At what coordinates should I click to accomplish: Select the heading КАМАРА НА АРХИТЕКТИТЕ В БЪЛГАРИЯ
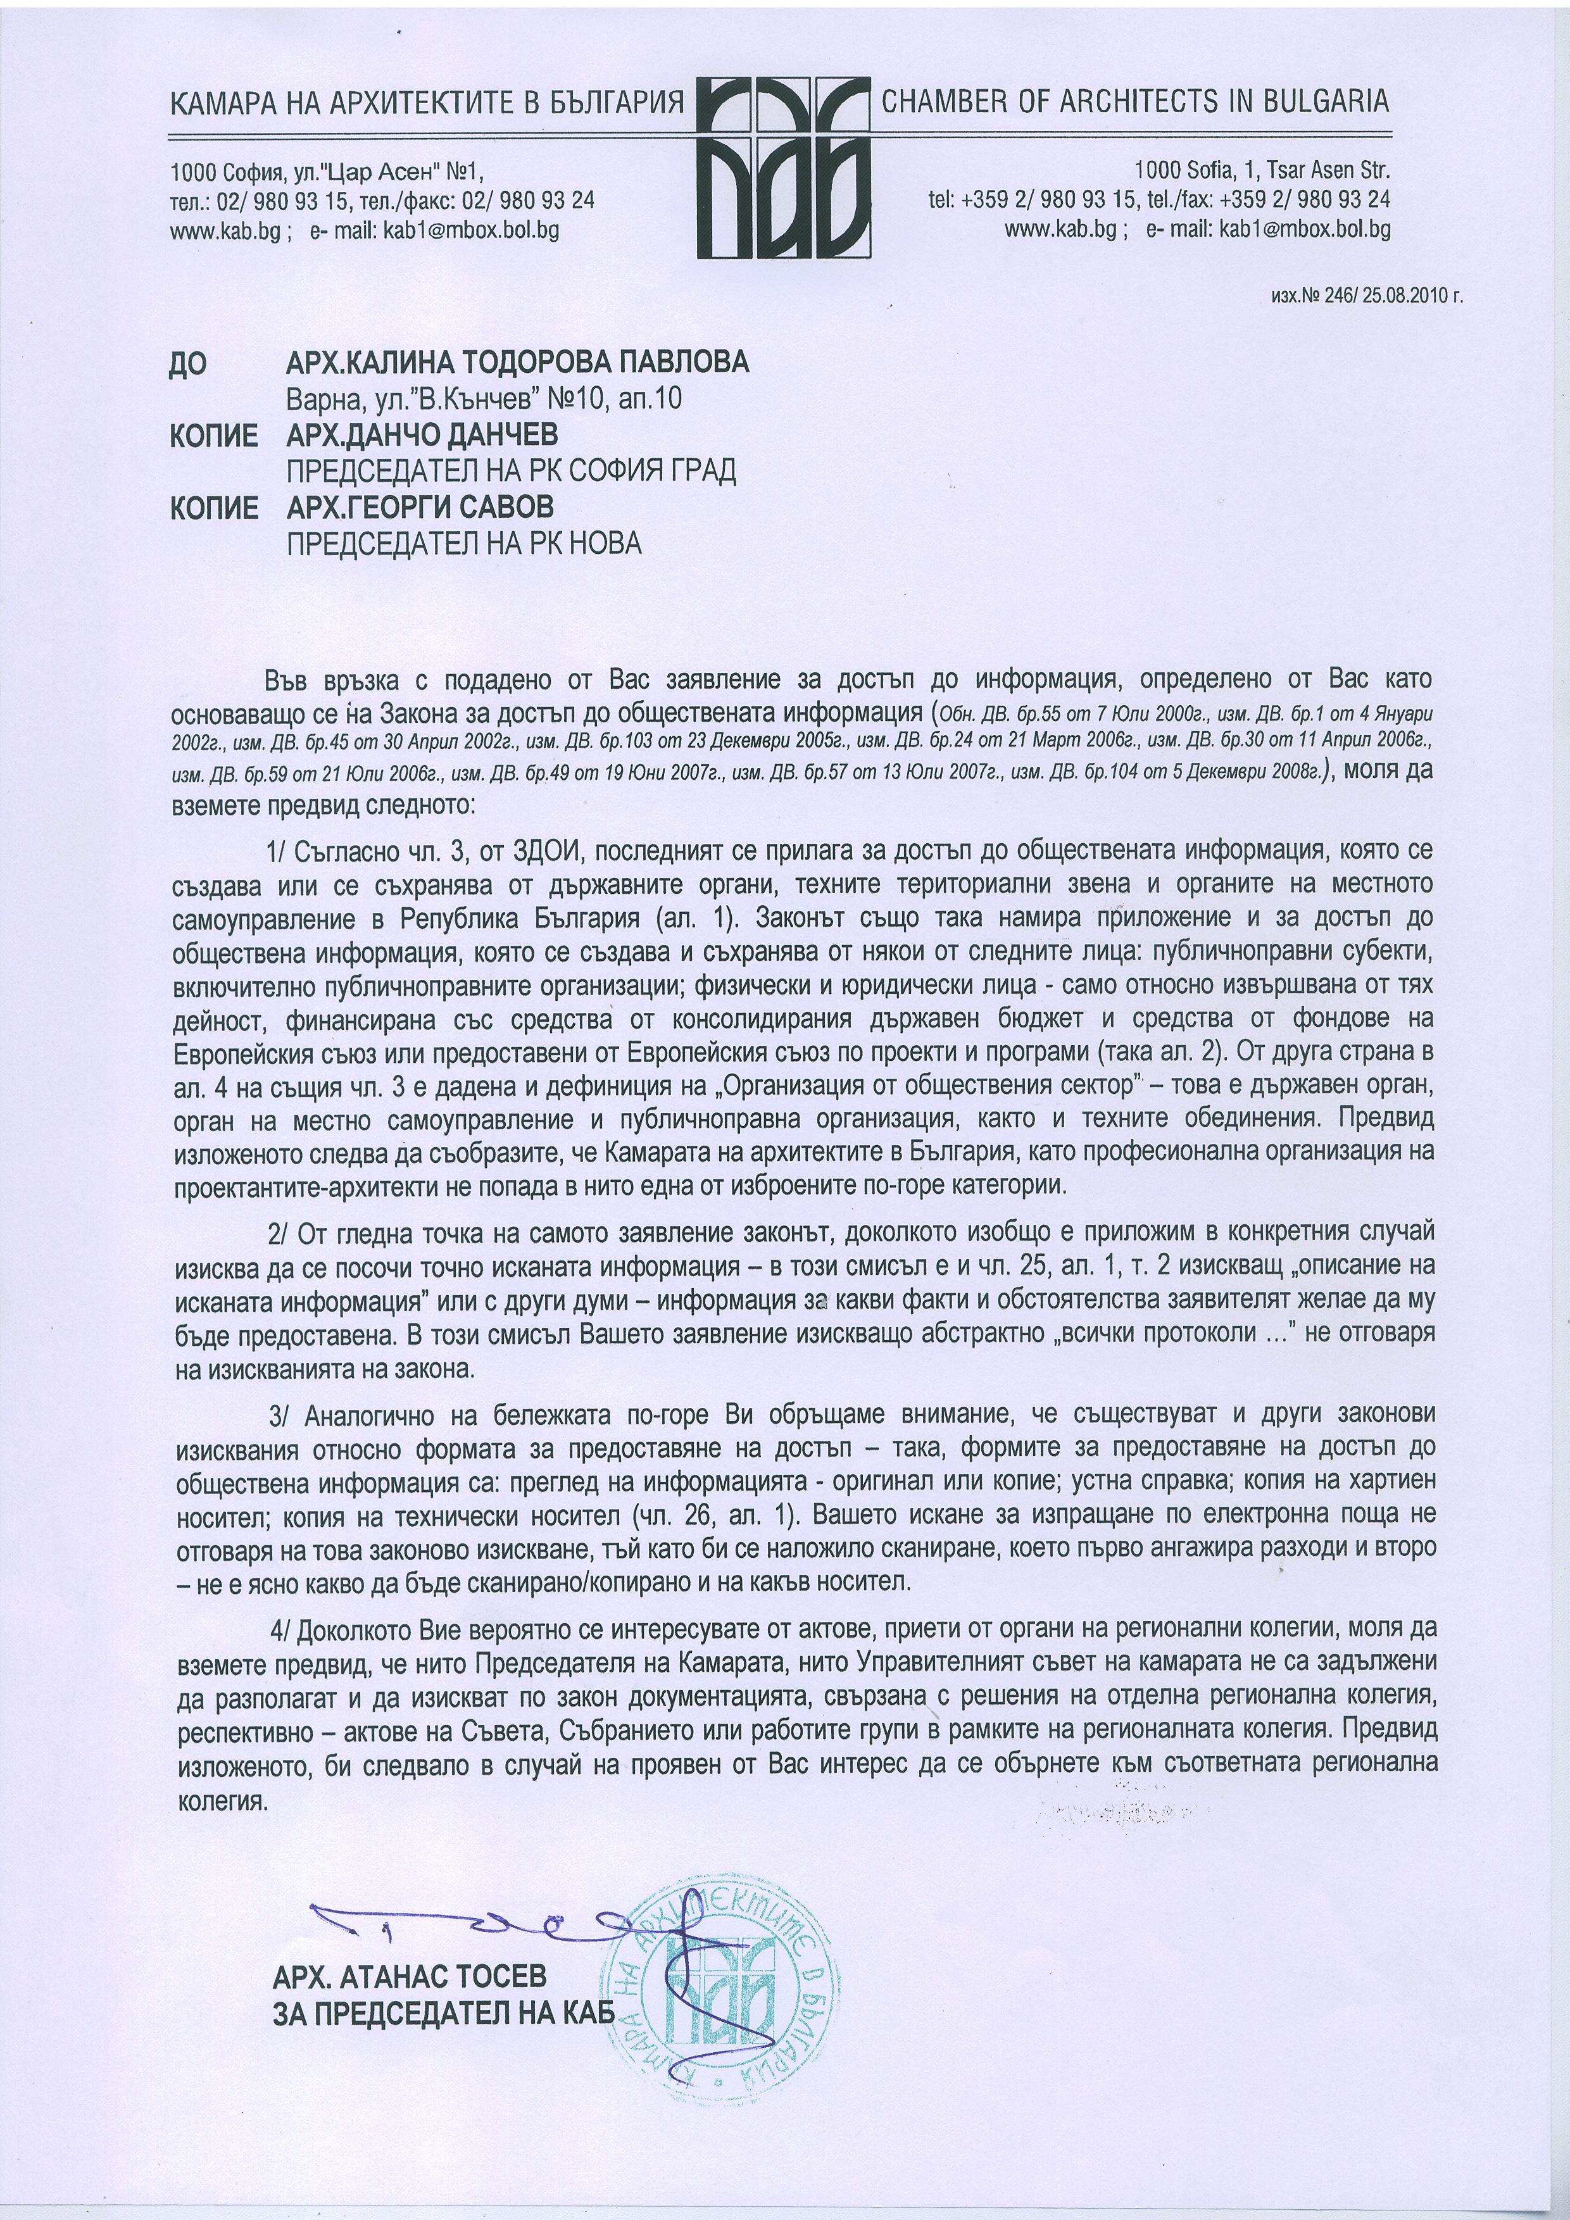[426, 103]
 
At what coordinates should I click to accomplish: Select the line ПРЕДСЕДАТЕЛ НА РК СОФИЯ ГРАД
[512, 471]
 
